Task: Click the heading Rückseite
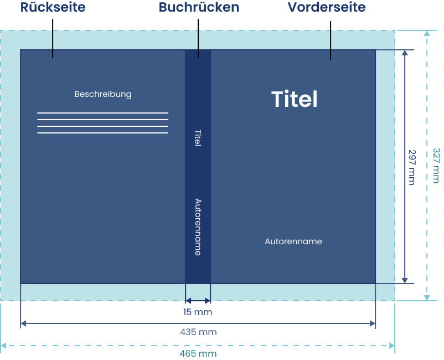(53, 7)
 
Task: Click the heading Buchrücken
(199, 7)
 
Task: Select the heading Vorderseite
(327, 7)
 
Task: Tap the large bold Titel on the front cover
(295, 99)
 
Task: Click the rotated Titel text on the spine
(198, 138)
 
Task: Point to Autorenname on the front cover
(293, 241)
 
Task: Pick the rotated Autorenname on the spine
(198, 227)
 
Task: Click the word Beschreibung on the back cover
(103, 94)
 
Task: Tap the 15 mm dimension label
(198, 312)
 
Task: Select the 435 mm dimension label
(198, 332)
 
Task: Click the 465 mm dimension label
(198, 353)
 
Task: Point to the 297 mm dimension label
(412, 167)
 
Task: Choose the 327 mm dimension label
(436, 166)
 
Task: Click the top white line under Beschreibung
(103, 113)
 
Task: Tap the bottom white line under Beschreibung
(103, 133)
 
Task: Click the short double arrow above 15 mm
(198, 301)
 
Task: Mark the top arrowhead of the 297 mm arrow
(405, 53)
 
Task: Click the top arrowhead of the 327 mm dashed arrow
(427, 33)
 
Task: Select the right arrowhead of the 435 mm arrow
(373, 323)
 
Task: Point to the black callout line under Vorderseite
(331, 40)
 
